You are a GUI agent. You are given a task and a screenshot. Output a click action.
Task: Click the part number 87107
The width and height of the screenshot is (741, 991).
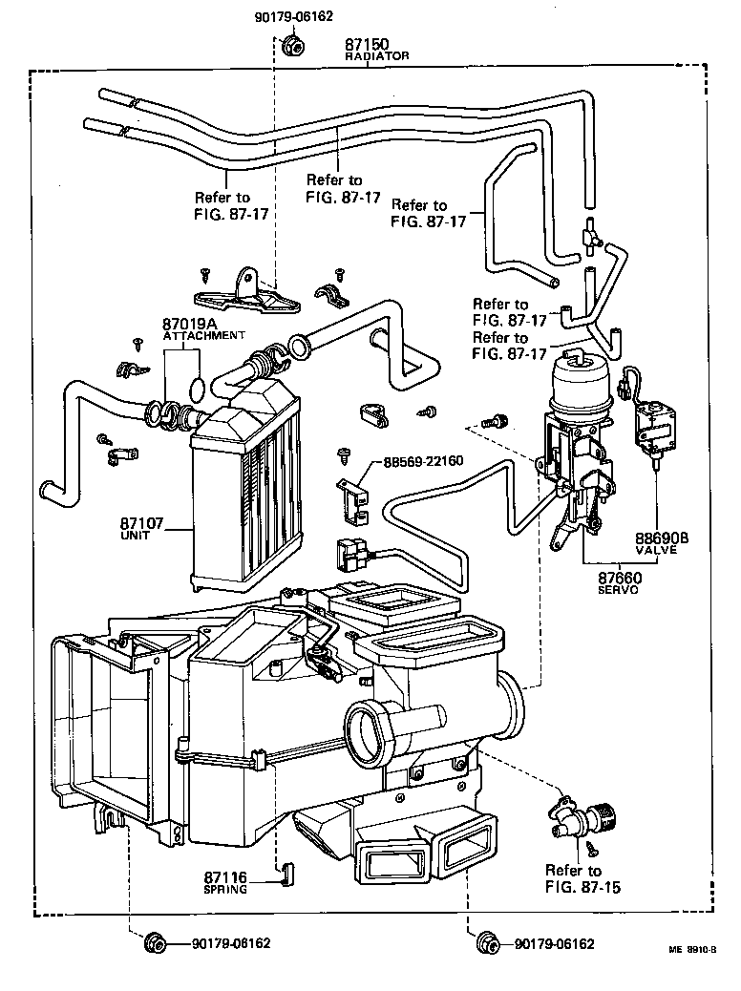(x=142, y=524)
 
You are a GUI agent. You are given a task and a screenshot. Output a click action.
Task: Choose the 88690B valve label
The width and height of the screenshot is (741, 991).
(x=662, y=538)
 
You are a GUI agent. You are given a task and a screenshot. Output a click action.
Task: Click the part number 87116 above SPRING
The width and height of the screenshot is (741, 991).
(x=224, y=876)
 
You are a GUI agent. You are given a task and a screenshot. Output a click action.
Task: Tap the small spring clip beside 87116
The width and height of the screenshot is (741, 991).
(x=284, y=875)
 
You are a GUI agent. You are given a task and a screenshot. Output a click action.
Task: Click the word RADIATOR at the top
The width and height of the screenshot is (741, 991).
(x=376, y=57)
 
